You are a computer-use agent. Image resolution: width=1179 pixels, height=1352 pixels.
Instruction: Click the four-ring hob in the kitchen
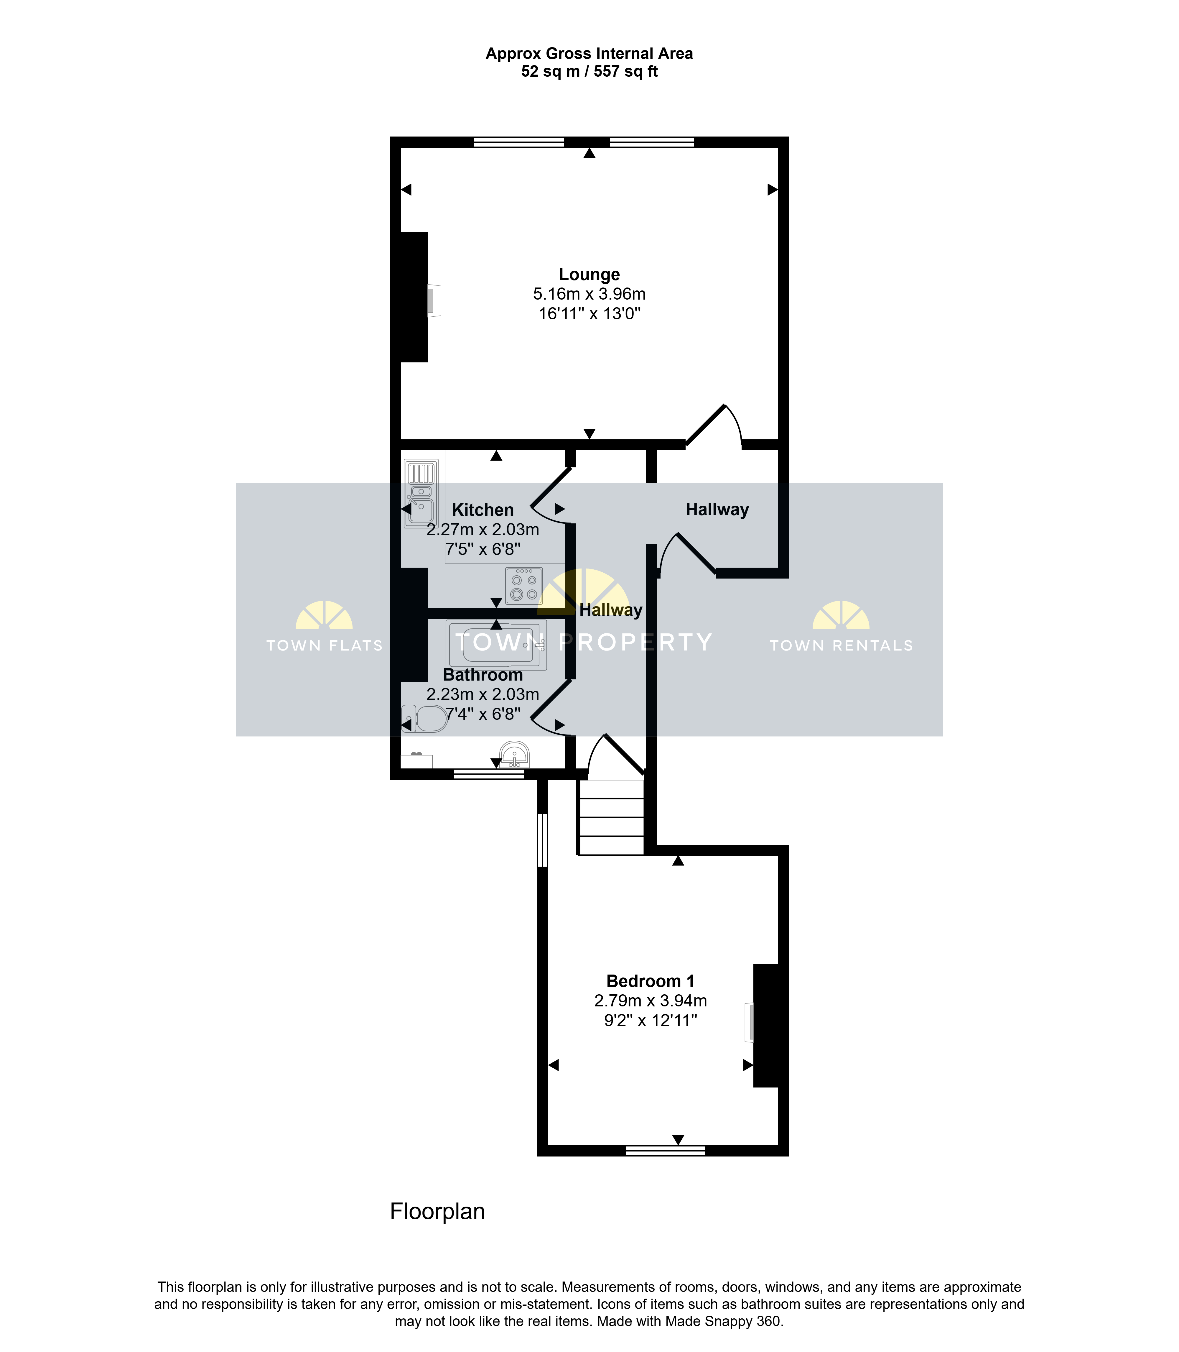point(524,585)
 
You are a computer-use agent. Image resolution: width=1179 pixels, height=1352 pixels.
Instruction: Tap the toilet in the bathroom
point(424,719)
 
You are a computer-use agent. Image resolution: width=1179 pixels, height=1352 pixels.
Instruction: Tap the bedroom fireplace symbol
point(749,1022)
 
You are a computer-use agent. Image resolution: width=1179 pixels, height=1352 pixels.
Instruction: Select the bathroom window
point(489,774)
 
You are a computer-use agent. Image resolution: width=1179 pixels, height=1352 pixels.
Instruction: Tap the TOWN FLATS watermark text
point(324,646)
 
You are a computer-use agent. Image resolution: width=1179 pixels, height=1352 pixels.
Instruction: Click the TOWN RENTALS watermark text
point(842,646)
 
